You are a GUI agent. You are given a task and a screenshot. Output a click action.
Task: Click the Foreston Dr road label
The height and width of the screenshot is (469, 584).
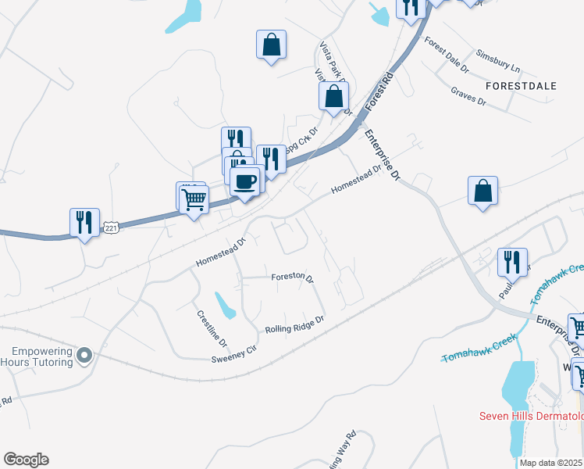click(x=292, y=277)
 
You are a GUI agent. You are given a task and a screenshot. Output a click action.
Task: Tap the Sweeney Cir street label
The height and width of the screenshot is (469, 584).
click(x=233, y=354)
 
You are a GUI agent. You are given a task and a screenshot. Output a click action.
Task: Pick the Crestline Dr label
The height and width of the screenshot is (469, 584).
click(x=211, y=329)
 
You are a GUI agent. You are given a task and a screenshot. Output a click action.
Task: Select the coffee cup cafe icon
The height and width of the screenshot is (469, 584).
click(x=246, y=181)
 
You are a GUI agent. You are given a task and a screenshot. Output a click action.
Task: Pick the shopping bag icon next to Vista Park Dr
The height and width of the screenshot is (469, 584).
click(x=333, y=97)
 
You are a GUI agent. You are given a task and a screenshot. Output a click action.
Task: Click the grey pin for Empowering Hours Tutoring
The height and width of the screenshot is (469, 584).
click(x=85, y=356)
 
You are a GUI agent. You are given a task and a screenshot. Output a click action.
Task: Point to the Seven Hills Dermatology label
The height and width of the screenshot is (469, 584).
click(x=531, y=416)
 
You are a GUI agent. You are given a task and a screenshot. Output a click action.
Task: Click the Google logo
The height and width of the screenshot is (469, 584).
click(x=26, y=460)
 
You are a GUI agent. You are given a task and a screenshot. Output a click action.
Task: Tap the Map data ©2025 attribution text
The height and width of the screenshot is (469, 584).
click(x=551, y=463)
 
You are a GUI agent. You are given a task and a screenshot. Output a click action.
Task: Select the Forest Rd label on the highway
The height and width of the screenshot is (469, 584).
click(x=380, y=88)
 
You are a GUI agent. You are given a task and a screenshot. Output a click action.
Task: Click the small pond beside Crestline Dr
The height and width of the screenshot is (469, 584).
click(x=226, y=305)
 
